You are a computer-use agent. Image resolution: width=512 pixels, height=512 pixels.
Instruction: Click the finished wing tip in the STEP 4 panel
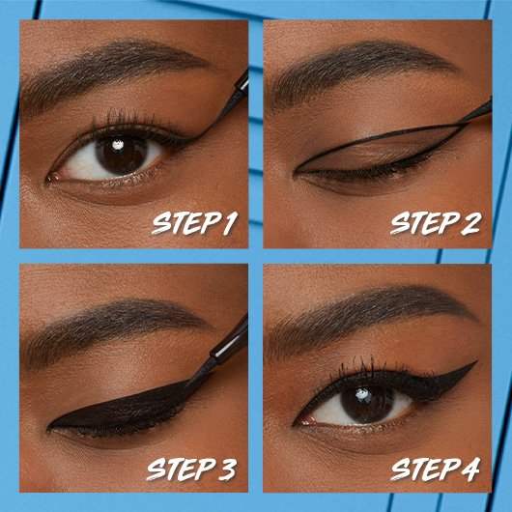tap(471, 365)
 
